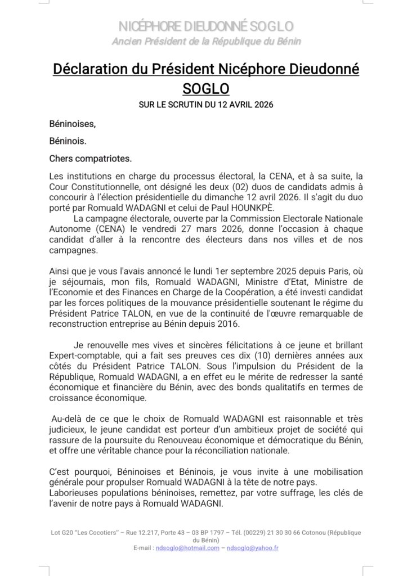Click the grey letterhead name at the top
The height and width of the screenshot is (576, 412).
point(206,26)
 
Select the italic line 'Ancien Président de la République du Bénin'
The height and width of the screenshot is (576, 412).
point(206,41)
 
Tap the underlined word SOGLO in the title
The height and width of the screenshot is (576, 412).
point(206,89)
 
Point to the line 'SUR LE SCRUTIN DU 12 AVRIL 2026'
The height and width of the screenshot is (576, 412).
point(206,105)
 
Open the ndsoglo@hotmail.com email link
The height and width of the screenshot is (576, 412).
point(187,548)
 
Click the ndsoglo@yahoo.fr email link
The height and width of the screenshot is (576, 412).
point(253,548)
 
